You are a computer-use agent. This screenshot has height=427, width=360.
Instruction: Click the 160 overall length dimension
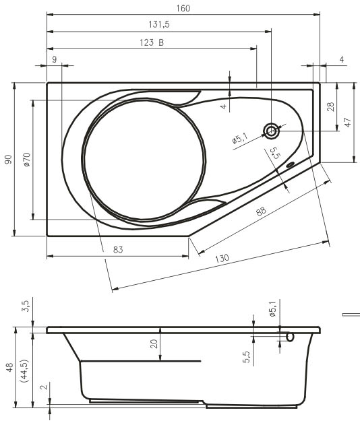click(x=183, y=8)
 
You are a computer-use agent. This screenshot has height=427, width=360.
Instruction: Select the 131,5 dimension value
click(x=159, y=24)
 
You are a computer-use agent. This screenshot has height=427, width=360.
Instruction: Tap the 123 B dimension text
click(x=152, y=42)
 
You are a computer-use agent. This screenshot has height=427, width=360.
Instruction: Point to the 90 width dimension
click(x=9, y=160)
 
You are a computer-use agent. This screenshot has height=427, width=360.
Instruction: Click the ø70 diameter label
click(x=27, y=160)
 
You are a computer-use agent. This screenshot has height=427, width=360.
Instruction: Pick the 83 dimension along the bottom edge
click(x=118, y=249)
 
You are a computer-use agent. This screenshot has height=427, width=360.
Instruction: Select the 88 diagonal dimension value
click(x=261, y=211)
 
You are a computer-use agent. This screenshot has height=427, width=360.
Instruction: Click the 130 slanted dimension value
click(x=222, y=258)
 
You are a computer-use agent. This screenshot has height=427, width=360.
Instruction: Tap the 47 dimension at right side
click(x=348, y=123)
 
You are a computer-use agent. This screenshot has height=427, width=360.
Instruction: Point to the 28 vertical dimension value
click(x=330, y=106)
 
